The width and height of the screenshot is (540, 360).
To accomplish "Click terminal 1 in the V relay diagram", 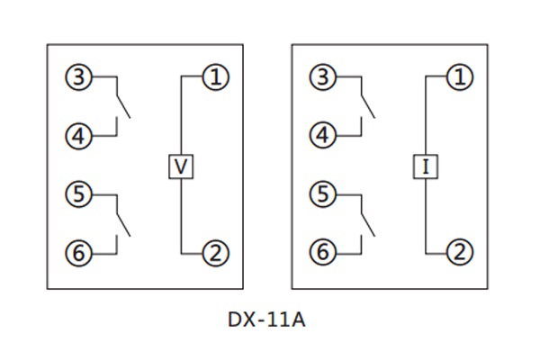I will pos(214,78).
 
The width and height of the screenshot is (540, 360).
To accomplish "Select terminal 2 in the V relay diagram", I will pos(214,253).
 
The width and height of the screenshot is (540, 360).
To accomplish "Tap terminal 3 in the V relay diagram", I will pos(78,78).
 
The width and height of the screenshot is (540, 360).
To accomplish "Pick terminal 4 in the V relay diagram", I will pos(78,137).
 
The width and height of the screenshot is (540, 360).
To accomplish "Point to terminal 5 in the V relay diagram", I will pos(78,193).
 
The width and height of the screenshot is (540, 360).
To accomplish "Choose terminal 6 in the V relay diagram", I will pos(78,253).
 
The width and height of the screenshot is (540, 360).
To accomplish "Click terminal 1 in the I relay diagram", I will pos(460,78).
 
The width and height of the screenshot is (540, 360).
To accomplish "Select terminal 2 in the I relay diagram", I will pos(460,253).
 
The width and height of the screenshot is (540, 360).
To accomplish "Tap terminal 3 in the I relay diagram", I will pos(323,78).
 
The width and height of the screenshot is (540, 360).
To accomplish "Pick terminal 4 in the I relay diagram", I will pos(323,137).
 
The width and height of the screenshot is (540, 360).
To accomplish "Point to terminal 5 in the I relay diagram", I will pos(323,193).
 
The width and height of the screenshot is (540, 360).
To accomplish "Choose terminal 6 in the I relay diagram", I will pos(323,253).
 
